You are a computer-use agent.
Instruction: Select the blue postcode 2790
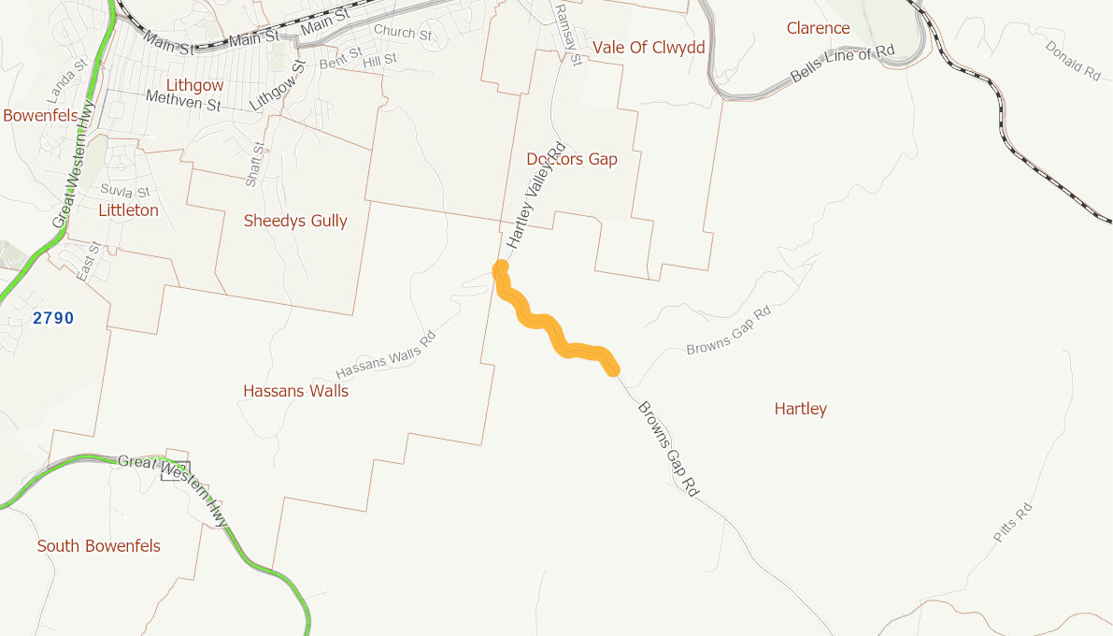coord(53,318)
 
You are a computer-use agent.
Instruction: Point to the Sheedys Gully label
coord(295,221)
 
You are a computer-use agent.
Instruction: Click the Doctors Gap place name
coord(572,159)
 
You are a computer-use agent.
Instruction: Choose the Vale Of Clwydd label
coord(649,47)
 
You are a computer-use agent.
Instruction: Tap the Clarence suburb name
coord(818,28)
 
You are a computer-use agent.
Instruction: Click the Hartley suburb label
coord(800,409)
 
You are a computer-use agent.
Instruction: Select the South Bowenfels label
coord(98,545)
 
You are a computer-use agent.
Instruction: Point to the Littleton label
coord(128,210)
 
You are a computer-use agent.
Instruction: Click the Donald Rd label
coord(1073,59)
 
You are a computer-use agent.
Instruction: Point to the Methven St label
coord(183,100)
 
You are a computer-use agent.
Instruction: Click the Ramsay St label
coord(567,34)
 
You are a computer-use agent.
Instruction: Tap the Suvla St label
coord(124,192)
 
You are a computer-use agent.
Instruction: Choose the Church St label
coord(403,33)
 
